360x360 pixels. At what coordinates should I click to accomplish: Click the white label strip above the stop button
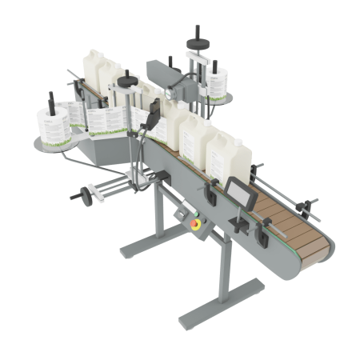tap(189, 210)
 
